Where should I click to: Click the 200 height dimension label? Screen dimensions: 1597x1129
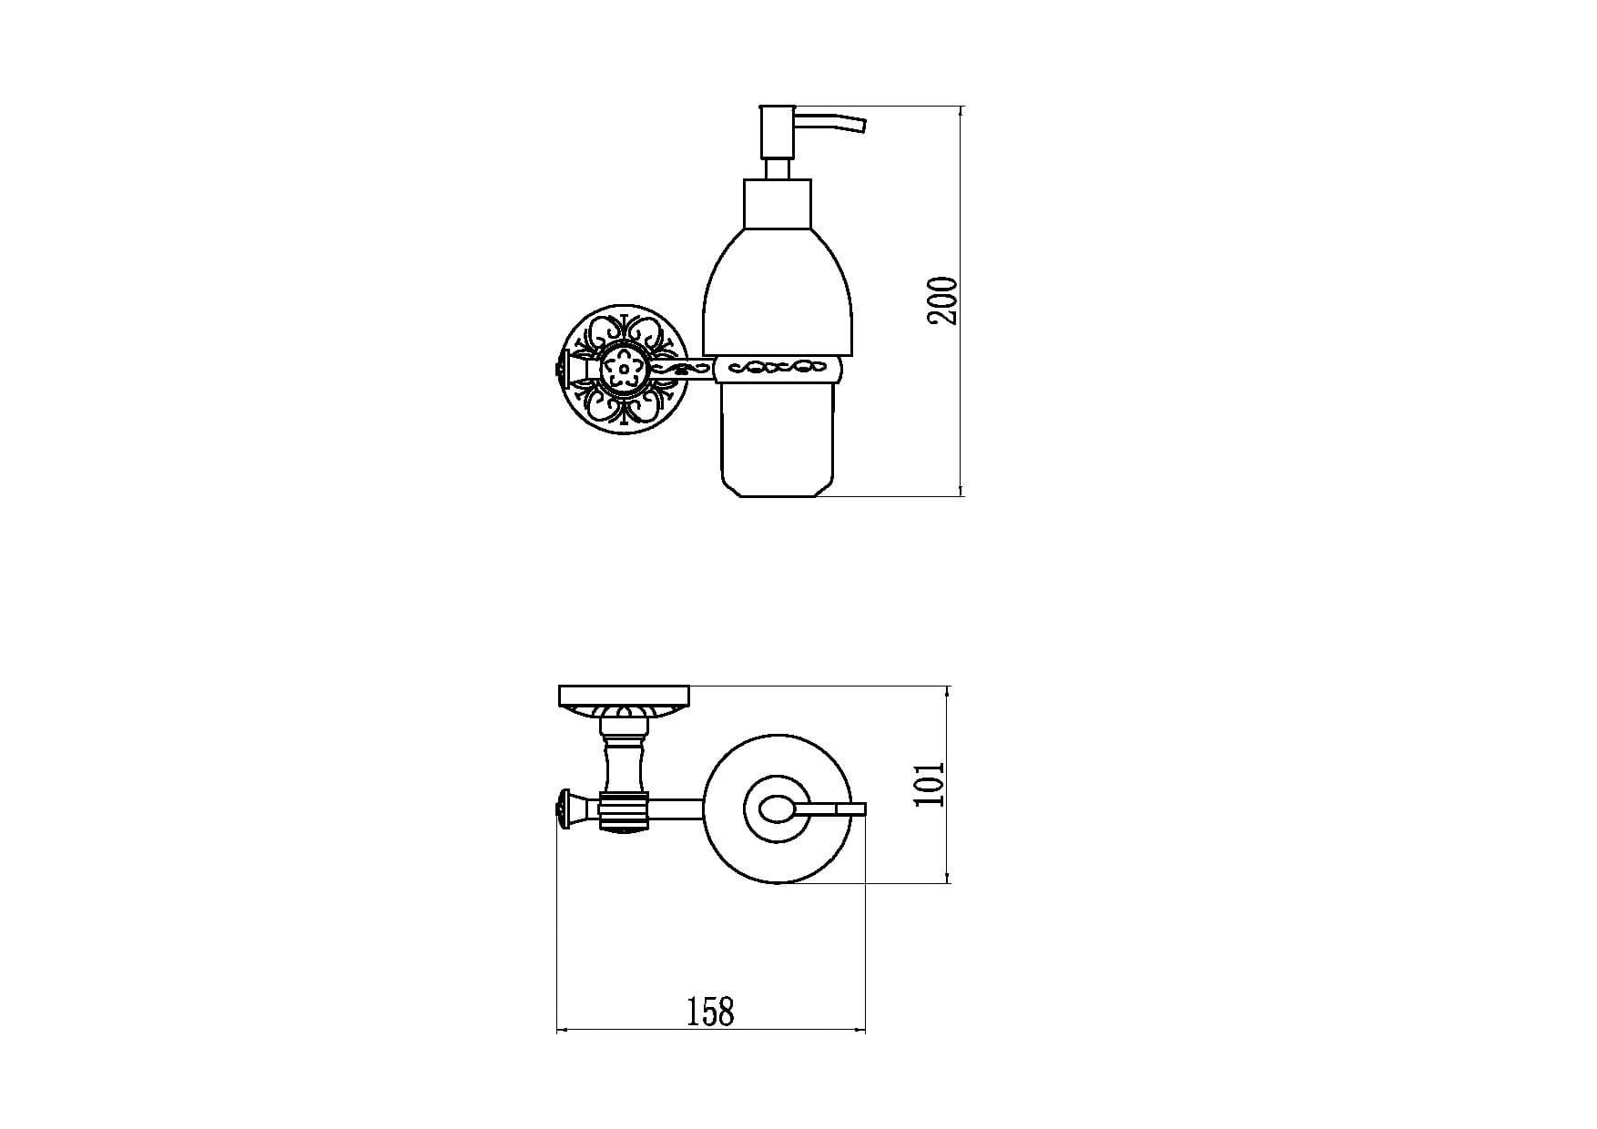coord(943,300)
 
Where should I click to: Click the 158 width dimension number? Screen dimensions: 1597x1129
coord(710,1011)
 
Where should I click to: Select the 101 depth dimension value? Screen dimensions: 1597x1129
coord(930,784)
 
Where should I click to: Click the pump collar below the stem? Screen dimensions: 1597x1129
coord(778,203)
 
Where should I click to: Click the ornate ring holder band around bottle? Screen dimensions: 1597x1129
coord(778,369)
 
